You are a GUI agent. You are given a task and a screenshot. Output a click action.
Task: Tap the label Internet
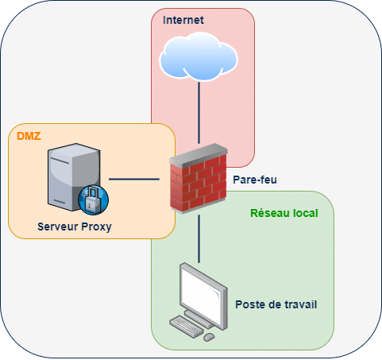point(184,18)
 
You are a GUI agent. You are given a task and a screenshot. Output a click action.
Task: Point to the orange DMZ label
point(29,137)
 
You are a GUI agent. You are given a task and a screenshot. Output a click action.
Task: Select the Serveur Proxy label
point(75,227)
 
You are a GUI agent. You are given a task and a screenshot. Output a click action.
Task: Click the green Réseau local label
point(283,212)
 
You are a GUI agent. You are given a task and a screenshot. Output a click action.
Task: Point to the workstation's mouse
point(209,336)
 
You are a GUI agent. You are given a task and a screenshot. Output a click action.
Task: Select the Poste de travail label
point(281,304)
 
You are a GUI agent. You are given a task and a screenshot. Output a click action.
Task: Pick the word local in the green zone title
point(303,212)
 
